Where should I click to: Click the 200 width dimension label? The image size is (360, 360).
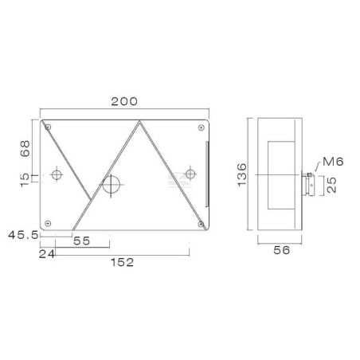coord(124,101)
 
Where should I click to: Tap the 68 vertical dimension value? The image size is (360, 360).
coord(25,149)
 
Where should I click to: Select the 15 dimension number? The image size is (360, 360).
coord(25,180)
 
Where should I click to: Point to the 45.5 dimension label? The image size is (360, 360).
coord(23,235)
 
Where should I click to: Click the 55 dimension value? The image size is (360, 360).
coord(82,241)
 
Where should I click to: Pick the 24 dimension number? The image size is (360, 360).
coord(47,254)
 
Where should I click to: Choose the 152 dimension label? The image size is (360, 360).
coord(123,263)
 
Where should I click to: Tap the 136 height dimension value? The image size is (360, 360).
coord(242,174)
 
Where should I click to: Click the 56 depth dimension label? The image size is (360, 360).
coord(282,250)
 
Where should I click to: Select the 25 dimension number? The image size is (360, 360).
coord(332,185)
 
